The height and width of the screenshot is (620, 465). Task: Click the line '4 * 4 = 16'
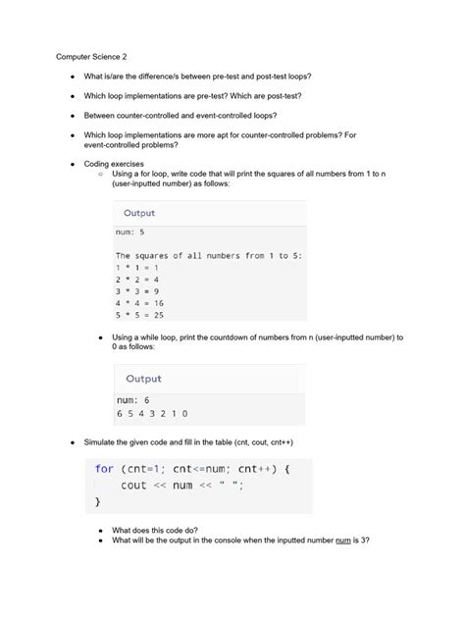tap(140, 302)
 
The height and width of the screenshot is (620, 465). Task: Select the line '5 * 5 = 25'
tap(140, 315)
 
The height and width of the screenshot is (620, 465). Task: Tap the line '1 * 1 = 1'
tap(137, 267)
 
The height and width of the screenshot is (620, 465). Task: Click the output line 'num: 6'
tap(133, 400)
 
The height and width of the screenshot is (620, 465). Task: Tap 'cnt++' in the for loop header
tap(257, 469)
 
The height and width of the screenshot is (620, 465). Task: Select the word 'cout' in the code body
tap(133, 486)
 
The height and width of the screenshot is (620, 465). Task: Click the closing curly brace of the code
tap(98, 501)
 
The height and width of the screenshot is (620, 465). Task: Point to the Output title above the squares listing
tap(139, 213)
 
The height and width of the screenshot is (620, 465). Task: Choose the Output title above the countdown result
tap(144, 379)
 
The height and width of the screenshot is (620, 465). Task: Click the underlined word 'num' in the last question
tap(343, 540)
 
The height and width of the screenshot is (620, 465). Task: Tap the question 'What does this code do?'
tap(162, 528)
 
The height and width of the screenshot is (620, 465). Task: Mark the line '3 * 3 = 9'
tap(137, 290)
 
